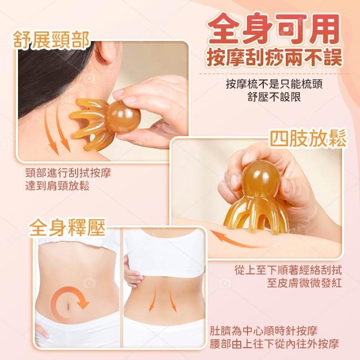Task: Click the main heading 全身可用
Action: (274, 29)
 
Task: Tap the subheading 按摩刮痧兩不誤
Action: (274, 58)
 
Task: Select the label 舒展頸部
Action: (51, 40)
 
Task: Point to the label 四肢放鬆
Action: (308, 138)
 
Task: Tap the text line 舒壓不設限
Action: (274, 97)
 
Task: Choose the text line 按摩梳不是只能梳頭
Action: (274, 84)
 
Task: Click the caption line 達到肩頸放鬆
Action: (57, 186)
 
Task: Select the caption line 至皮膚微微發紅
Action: (304, 283)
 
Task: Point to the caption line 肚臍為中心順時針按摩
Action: (264, 331)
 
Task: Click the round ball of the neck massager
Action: (123, 118)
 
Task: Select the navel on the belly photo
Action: (69, 305)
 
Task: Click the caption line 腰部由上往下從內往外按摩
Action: (274, 344)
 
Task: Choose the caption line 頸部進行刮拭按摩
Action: (68, 173)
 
